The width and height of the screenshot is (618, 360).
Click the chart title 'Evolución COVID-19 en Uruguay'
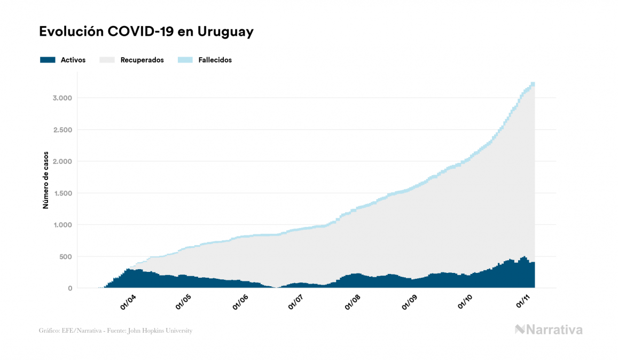[x=146, y=32]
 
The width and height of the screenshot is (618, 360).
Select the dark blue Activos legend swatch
[x=48, y=60]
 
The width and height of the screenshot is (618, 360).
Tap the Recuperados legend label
[x=142, y=60]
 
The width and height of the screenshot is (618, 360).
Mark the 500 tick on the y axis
[x=64, y=256]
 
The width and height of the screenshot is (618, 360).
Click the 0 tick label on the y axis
[x=70, y=288]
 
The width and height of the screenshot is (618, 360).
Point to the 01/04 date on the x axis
[x=128, y=303]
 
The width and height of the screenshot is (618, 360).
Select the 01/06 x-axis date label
[x=240, y=303]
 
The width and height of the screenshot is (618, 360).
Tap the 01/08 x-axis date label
[x=353, y=303]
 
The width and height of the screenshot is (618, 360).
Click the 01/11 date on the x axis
[x=523, y=303]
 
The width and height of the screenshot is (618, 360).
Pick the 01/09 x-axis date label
[x=410, y=303]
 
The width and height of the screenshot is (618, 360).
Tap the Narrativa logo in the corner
[x=549, y=330]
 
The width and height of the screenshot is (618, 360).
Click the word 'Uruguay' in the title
[x=225, y=32]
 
